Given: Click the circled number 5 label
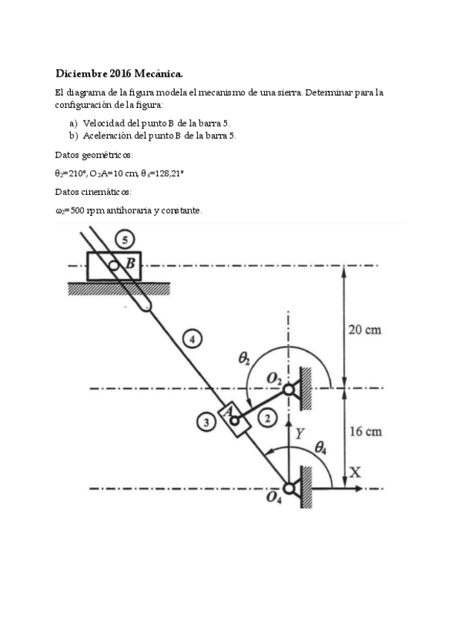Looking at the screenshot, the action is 126,240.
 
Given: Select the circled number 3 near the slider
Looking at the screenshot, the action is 207,423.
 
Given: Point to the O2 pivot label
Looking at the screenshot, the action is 275,379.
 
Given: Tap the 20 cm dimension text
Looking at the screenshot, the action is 365,330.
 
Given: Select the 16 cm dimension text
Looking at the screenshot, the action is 365,432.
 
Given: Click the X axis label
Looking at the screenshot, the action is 355,472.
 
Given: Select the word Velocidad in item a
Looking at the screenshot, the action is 103,123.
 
